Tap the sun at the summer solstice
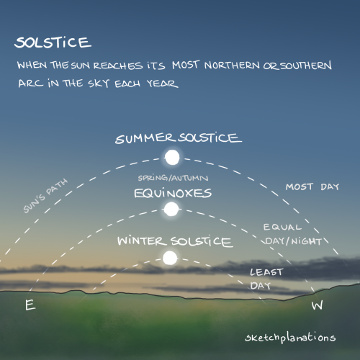[171, 157]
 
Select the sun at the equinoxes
[171, 210]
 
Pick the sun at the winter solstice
[170, 258]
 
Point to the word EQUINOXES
[172, 193]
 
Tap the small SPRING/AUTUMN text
[171, 178]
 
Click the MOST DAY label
[312, 186]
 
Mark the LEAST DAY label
[266, 279]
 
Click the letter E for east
[30, 305]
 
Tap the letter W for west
[317, 306]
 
